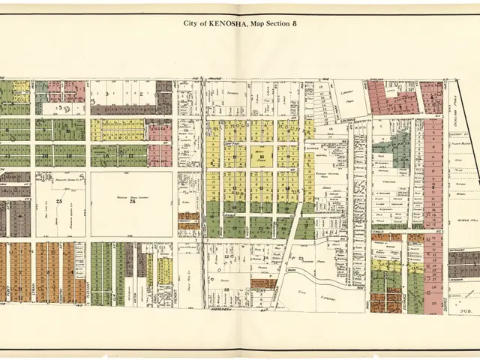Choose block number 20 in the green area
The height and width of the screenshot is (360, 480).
(45, 156)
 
